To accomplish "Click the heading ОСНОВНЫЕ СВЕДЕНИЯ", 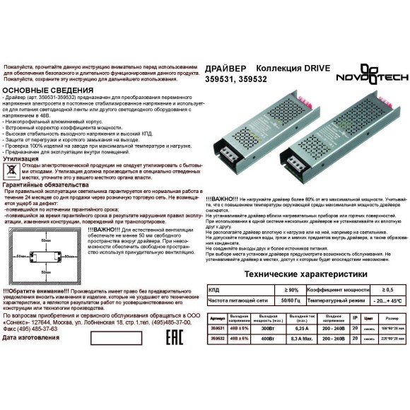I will tap(48, 91).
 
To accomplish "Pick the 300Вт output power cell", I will tap(268, 329).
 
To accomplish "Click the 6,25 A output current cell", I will tap(300, 329).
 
